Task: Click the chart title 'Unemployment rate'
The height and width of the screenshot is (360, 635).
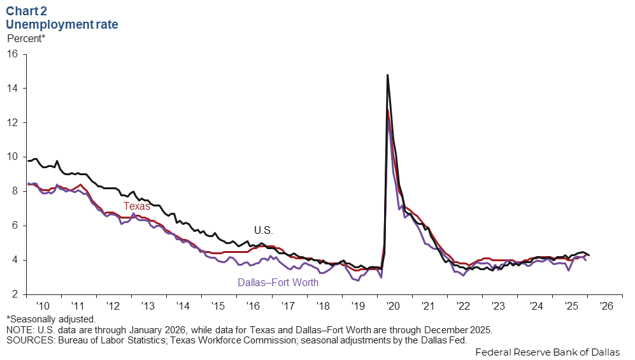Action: [x=62, y=25]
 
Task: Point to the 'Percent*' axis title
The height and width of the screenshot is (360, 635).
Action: [x=26, y=38]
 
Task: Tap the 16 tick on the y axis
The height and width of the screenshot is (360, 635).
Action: [x=12, y=54]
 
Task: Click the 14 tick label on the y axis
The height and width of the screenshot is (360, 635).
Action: [x=12, y=88]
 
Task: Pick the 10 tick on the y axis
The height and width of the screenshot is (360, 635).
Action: [x=12, y=157]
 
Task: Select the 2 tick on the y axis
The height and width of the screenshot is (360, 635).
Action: [x=15, y=294]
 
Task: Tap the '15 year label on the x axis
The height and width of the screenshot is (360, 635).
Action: [x=219, y=306]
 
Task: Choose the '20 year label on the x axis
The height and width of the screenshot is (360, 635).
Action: [x=394, y=306]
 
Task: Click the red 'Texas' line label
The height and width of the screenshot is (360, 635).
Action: [x=136, y=206]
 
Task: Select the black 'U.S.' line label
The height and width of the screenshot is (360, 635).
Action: [x=263, y=230]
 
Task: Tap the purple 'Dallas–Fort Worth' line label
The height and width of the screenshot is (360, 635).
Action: [x=278, y=282]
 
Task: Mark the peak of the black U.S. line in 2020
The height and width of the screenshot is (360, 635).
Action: [x=387, y=75]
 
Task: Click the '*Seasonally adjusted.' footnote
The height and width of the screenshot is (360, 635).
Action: [x=51, y=319]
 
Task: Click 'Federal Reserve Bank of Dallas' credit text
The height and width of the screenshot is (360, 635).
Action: [x=548, y=352]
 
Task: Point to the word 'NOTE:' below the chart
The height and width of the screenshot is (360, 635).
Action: [x=21, y=330]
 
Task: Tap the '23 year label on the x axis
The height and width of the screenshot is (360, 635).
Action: [x=499, y=306]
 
